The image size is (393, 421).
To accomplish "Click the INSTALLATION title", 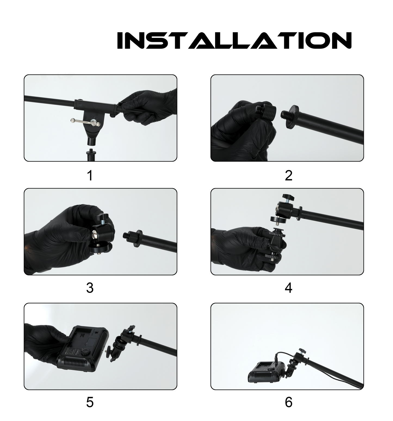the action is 234,41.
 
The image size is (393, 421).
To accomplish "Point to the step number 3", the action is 90,288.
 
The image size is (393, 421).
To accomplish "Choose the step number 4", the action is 289,288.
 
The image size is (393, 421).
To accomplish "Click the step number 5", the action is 90,403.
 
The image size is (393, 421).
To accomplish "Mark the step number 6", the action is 289,403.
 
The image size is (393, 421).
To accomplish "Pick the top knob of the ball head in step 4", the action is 287,197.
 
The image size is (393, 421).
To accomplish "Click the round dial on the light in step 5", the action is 86,353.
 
